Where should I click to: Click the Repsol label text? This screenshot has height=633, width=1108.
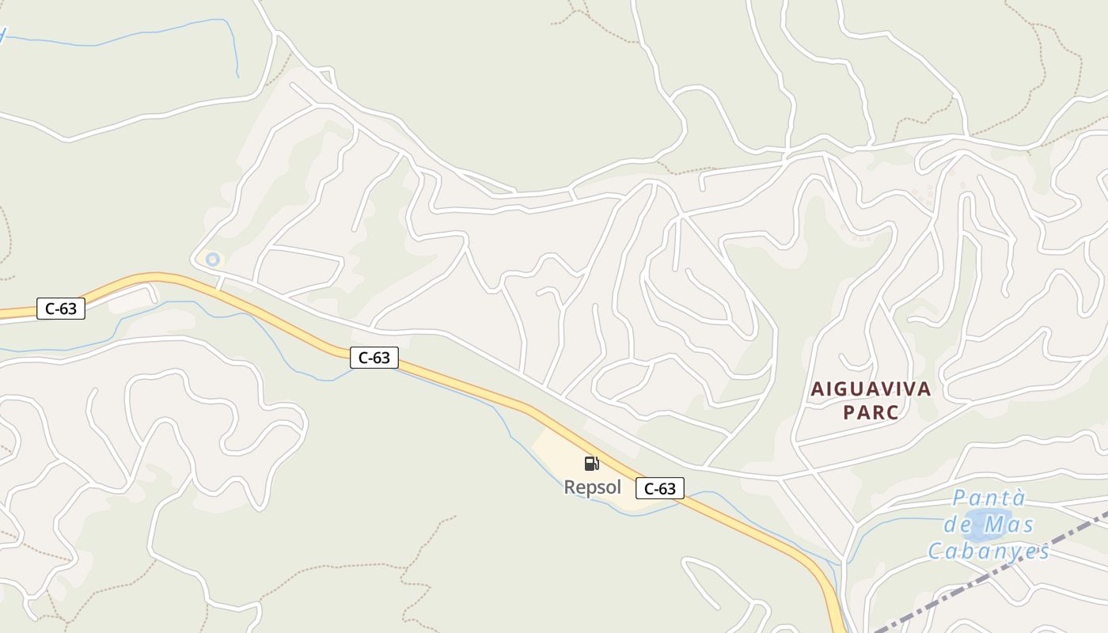pos(592,487)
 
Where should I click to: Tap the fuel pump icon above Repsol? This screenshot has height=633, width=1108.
pos(592,463)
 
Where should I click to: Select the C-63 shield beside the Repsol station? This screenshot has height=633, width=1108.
pos(659,488)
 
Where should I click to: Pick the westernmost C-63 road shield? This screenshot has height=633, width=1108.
pos(61,309)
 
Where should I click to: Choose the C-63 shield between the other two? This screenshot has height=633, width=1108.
pos(374,358)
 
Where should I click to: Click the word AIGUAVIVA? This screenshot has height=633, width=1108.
pos(871,389)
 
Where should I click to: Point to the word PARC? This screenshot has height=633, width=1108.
pos(871,412)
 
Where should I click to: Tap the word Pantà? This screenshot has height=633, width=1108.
pos(988,498)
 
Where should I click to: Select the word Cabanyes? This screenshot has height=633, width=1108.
pos(988,551)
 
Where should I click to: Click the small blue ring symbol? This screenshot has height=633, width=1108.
pos(212,259)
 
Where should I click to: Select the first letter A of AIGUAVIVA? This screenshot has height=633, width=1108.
pos(817,389)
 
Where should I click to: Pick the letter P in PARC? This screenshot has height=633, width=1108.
pos(849,412)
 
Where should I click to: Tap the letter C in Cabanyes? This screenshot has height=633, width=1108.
pos(935,551)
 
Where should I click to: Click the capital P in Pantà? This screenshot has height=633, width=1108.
pos(959,498)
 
